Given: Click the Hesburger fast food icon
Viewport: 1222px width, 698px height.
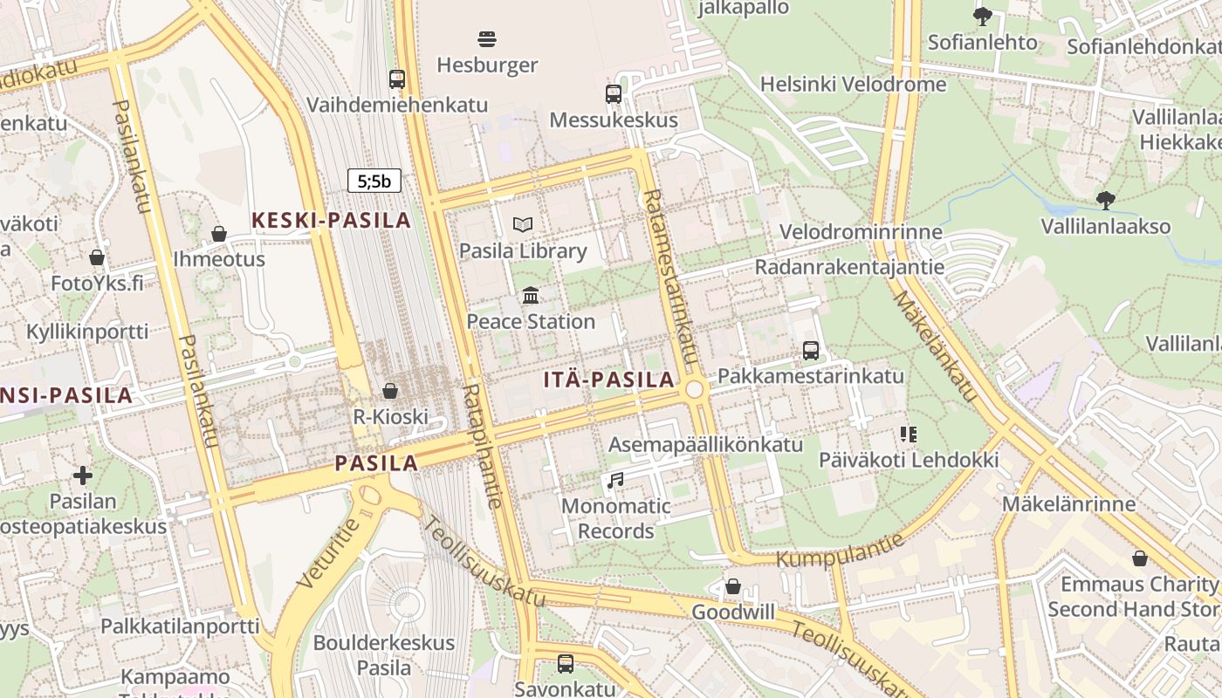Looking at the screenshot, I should point(487,38).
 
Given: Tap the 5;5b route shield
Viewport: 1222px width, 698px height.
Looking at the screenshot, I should point(374,181).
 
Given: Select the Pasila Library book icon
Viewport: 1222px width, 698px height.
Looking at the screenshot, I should point(523,225).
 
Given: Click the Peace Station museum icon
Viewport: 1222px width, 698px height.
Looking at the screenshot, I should point(531,295).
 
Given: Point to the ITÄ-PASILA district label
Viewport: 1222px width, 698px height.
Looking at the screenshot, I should point(608,380).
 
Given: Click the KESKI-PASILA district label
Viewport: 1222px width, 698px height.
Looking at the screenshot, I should point(332,221).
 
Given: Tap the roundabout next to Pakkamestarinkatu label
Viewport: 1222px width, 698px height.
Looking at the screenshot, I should point(695,389).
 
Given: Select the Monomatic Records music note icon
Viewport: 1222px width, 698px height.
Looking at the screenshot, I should point(615,480).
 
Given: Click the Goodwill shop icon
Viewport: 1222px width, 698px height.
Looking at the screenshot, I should point(733,586).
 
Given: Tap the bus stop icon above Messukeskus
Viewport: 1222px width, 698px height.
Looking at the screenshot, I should point(614,94).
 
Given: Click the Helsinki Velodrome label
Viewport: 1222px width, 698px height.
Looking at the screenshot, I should point(853,85).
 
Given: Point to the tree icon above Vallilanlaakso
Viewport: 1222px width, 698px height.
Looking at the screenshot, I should point(1106,201).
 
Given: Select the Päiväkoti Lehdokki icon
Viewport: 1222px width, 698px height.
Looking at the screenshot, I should point(909,434).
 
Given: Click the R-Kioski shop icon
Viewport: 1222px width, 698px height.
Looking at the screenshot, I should point(390,391).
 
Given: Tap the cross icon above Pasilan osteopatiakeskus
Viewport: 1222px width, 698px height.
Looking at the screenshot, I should point(83,476).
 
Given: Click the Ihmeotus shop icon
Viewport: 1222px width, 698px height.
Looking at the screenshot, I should point(219,234).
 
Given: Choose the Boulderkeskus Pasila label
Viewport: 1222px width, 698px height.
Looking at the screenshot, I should point(384,655).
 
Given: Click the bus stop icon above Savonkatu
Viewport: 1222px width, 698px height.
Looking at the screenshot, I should point(566,663).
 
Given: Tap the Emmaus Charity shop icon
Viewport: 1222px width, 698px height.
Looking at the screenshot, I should point(1139,558).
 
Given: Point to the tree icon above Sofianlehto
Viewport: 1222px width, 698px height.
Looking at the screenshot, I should point(983,16).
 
